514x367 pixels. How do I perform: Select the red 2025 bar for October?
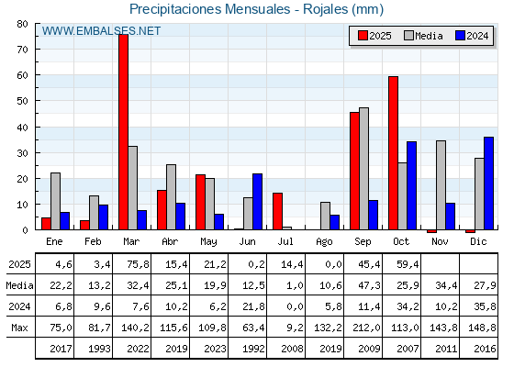tap(393, 153)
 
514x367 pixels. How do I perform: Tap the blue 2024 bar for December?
tap(488, 183)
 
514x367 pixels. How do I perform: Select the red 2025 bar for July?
tap(277, 211)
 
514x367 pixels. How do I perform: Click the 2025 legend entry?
tap(372, 36)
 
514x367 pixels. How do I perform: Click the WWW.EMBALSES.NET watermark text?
tap(101, 31)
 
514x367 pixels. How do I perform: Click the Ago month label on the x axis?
tap(325, 240)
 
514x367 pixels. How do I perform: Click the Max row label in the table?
tap(18, 328)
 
